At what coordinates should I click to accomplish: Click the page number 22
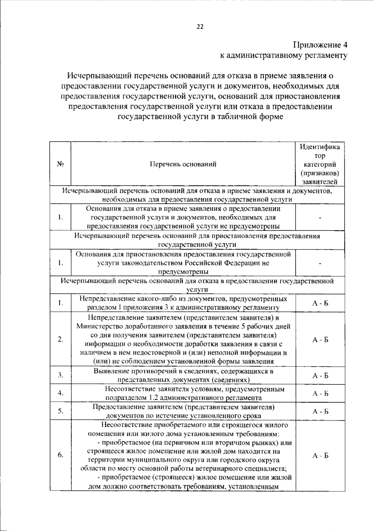200,27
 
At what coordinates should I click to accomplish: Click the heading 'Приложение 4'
320,45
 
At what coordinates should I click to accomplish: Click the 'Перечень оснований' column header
183,164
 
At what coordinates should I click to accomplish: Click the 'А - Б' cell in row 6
320,456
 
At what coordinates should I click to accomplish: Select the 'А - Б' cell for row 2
320,340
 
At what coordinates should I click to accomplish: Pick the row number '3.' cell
60,375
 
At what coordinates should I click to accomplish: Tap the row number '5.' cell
60,411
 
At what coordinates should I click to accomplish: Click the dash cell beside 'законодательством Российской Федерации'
320,263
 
